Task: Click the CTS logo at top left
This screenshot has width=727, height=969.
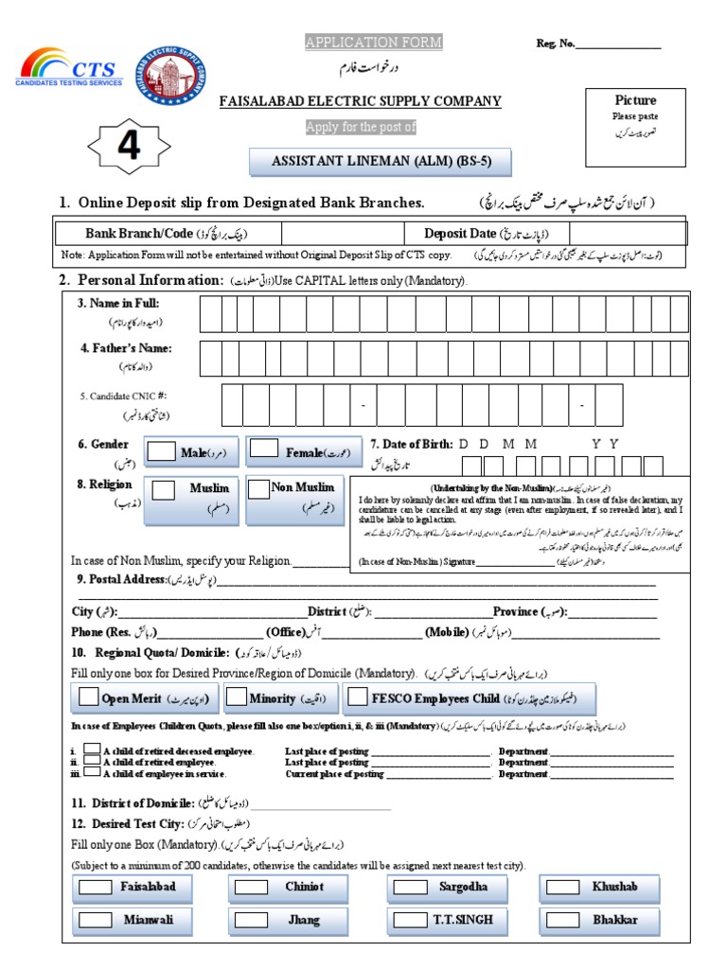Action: pos(72,71)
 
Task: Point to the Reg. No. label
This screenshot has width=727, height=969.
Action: pos(555,44)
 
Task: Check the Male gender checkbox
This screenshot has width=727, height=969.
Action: pos(162,450)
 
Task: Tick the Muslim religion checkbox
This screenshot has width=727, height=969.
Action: pos(164,489)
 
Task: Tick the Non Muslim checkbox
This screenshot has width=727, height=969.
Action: pos(257,488)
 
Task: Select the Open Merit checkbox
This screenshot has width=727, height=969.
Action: pos(88,697)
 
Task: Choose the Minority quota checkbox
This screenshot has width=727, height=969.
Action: pos(239,697)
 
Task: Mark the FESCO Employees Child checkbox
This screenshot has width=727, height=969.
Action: pos(357,697)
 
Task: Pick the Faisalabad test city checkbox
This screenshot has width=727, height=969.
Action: pos(94,889)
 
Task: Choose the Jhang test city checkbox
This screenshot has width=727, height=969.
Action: pos(251,920)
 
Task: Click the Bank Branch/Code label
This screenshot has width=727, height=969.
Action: pos(139,233)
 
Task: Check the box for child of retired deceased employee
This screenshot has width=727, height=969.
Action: pos(92,749)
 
